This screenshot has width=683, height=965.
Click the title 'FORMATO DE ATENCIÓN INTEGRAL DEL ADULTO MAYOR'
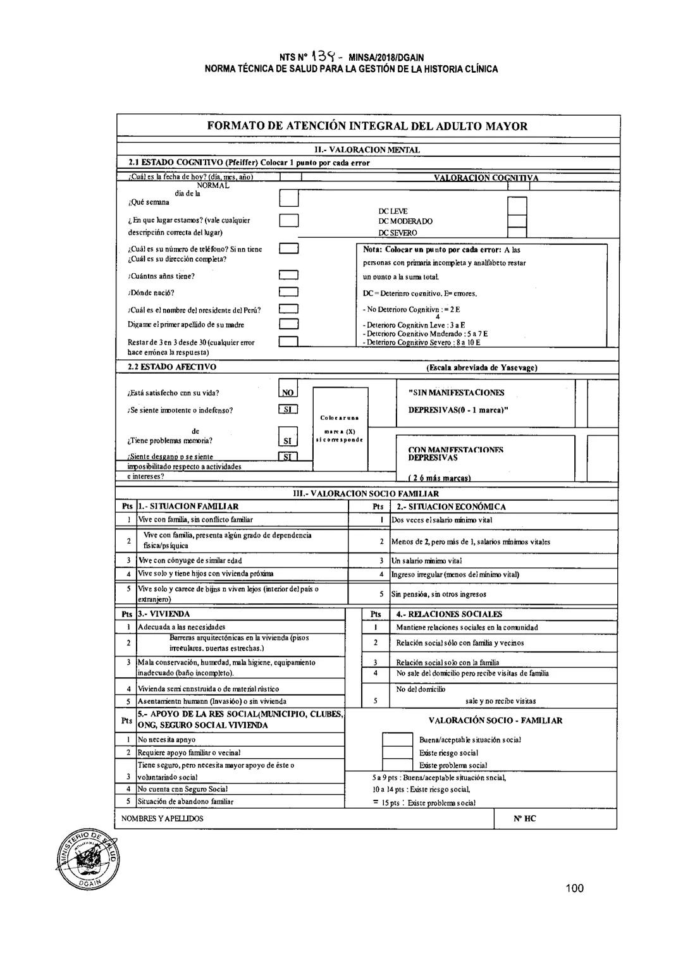[367, 126]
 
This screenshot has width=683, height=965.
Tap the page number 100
[574, 888]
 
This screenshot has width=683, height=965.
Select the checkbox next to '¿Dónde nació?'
[288, 293]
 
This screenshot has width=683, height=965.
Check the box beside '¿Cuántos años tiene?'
[288, 276]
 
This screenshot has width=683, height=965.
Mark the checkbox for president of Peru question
[288, 310]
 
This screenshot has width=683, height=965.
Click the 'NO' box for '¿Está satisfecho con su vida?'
[288, 392]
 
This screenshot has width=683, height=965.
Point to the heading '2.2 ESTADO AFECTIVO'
[168, 367]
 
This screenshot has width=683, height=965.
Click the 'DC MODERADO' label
[405, 221]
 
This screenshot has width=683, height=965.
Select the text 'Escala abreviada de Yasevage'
[482, 367]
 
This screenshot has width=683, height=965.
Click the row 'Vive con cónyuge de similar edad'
[190, 560]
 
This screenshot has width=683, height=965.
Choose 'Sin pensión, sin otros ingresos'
[438, 594]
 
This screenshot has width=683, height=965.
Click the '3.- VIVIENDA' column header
[164, 614]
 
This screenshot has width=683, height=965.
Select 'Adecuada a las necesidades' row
[182, 627]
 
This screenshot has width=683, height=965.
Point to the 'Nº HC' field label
[525, 818]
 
